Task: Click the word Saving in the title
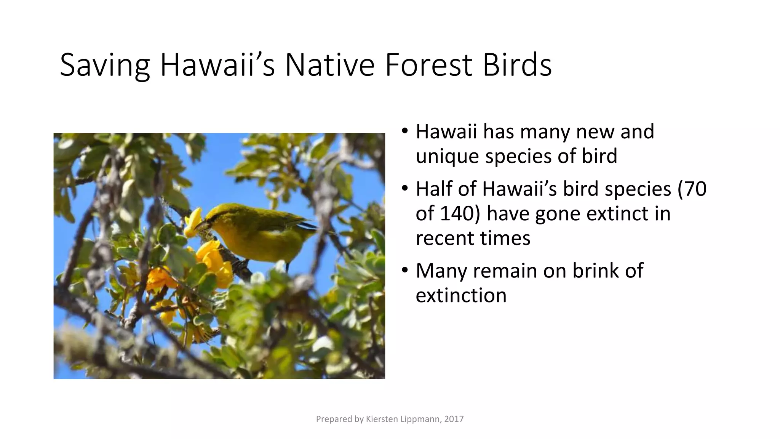[105, 66]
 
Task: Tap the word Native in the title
[330, 65]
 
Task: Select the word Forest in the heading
[428, 65]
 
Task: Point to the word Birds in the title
[517, 65]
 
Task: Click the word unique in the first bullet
[447, 157]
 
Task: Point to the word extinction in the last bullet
[461, 295]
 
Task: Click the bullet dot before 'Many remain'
[405, 270]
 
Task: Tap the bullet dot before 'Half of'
[405, 188]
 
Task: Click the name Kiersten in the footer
[381, 419]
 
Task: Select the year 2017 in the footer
[454, 419]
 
